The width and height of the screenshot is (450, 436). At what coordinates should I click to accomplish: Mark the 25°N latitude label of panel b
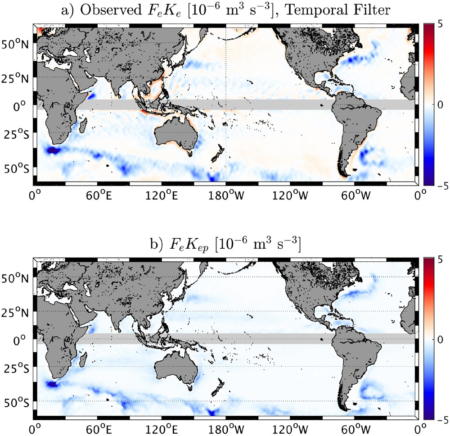click(x=15, y=312)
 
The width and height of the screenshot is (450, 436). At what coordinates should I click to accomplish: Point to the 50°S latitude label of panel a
click(x=15, y=169)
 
